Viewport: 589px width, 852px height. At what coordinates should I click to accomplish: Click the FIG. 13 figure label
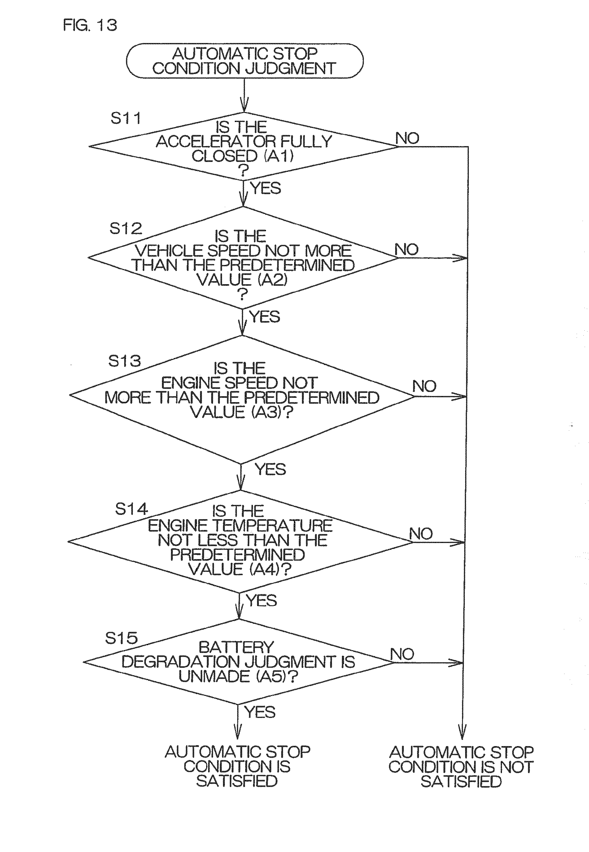click(90, 25)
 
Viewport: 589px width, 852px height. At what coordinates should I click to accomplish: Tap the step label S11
click(125, 118)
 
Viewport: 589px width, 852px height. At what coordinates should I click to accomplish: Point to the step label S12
click(125, 228)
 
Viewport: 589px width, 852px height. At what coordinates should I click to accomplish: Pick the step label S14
click(131, 509)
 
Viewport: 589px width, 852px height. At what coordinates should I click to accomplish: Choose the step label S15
click(121, 638)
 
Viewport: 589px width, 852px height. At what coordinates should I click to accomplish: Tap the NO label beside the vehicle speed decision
click(407, 250)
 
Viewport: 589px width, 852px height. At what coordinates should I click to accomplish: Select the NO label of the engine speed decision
click(424, 386)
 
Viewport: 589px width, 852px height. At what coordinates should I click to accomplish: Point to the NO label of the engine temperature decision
click(421, 534)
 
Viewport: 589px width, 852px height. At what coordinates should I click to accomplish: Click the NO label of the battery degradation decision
click(402, 654)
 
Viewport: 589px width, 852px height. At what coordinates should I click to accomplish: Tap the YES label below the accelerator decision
click(266, 188)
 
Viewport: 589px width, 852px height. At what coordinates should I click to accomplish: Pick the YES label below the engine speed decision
click(270, 469)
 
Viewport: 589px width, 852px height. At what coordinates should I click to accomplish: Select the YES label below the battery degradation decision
click(260, 712)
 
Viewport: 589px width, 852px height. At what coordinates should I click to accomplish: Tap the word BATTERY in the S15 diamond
click(236, 647)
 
